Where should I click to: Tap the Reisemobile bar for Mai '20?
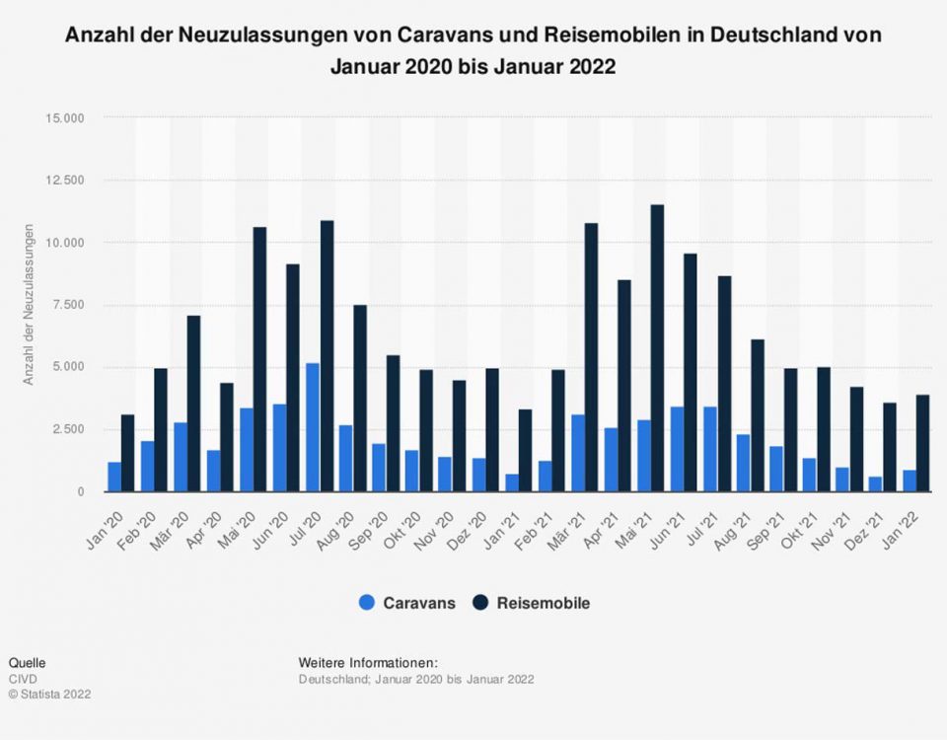259,359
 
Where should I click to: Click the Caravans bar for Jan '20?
114,477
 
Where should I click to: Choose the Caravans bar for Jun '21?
677,449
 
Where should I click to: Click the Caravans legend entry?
408,603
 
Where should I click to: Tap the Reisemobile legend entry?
533,603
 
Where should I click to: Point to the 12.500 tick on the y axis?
66,180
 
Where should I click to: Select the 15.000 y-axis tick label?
66,117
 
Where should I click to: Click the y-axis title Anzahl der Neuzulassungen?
29,305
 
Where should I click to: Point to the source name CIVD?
20,679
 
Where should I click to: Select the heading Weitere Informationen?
367,662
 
